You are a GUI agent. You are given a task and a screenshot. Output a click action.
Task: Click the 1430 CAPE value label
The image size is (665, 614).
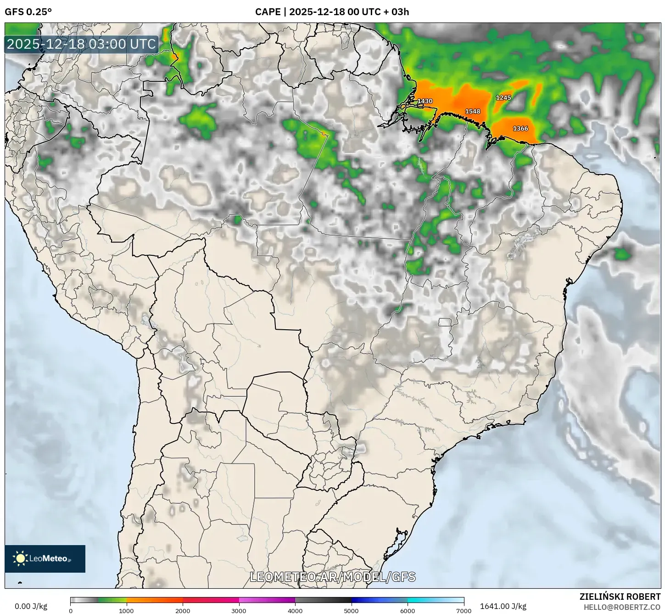tap(425, 101)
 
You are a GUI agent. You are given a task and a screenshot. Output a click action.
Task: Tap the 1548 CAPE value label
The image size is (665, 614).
tap(473, 111)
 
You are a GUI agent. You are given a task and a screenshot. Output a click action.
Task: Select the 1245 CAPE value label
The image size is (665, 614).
tap(503, 97)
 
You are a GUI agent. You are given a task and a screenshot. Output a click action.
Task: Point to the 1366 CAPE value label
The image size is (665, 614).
tap(520, 129)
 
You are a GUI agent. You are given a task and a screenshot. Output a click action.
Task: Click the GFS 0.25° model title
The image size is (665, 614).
tap(28, 12)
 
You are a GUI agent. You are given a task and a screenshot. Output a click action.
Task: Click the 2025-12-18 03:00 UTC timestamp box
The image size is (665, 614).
tap(81, 44)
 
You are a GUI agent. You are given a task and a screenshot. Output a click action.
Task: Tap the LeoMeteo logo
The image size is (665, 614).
tap(45, 558)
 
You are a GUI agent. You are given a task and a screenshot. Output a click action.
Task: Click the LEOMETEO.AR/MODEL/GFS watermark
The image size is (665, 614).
tap(333, 577)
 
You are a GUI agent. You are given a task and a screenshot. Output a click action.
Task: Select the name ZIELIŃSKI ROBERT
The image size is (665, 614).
tap(620, 597)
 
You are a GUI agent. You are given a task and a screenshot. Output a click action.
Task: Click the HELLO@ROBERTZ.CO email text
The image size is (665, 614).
tap(622, 607)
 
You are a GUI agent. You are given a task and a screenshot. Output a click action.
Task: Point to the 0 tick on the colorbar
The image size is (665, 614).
tap(70, 610)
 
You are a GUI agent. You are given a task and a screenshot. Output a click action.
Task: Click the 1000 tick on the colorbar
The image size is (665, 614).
tap(127, 610)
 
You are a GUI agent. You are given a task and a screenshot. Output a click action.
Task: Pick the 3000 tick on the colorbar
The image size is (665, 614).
tap(239, 610)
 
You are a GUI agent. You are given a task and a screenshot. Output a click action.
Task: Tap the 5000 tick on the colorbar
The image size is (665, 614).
tap(352, 610)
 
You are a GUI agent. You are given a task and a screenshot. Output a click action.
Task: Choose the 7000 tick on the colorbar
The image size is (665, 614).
tap(464, 610)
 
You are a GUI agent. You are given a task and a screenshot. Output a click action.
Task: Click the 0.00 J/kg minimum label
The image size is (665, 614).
tap(31, 606)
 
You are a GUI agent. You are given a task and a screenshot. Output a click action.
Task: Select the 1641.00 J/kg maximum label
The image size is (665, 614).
tap(503, 606)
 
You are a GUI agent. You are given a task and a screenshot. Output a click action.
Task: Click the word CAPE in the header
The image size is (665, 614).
tap(268, 12)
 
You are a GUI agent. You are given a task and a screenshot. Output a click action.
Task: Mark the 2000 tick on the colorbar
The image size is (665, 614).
tap(183, 610)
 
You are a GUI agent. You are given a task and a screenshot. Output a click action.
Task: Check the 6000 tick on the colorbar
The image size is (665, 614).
tap(408, 610)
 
